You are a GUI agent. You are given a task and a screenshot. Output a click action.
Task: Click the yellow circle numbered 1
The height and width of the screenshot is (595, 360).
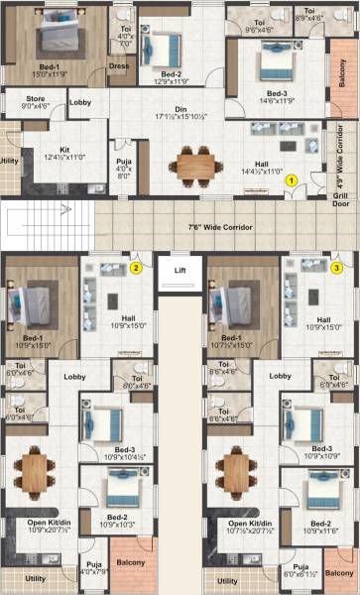click(x=292, y=180)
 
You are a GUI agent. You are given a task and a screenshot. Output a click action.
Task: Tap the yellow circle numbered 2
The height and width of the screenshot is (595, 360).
click(x=137, y=266)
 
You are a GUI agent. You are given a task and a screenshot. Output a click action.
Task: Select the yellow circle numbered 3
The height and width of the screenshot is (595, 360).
click(x=337, y=266)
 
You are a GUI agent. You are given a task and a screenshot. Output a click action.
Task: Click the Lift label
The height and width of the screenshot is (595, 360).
click(x=180, y=270)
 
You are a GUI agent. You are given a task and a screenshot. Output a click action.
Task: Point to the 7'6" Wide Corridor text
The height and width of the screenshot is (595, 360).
click(x=219, y=227)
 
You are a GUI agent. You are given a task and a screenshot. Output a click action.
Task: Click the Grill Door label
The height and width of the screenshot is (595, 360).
click(x=340, y=200)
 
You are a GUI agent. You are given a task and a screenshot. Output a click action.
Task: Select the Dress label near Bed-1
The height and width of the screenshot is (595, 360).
click(x=119, y=66)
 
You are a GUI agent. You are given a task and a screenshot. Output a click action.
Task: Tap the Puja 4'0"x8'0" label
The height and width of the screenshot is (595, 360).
click(x=124, y=166)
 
